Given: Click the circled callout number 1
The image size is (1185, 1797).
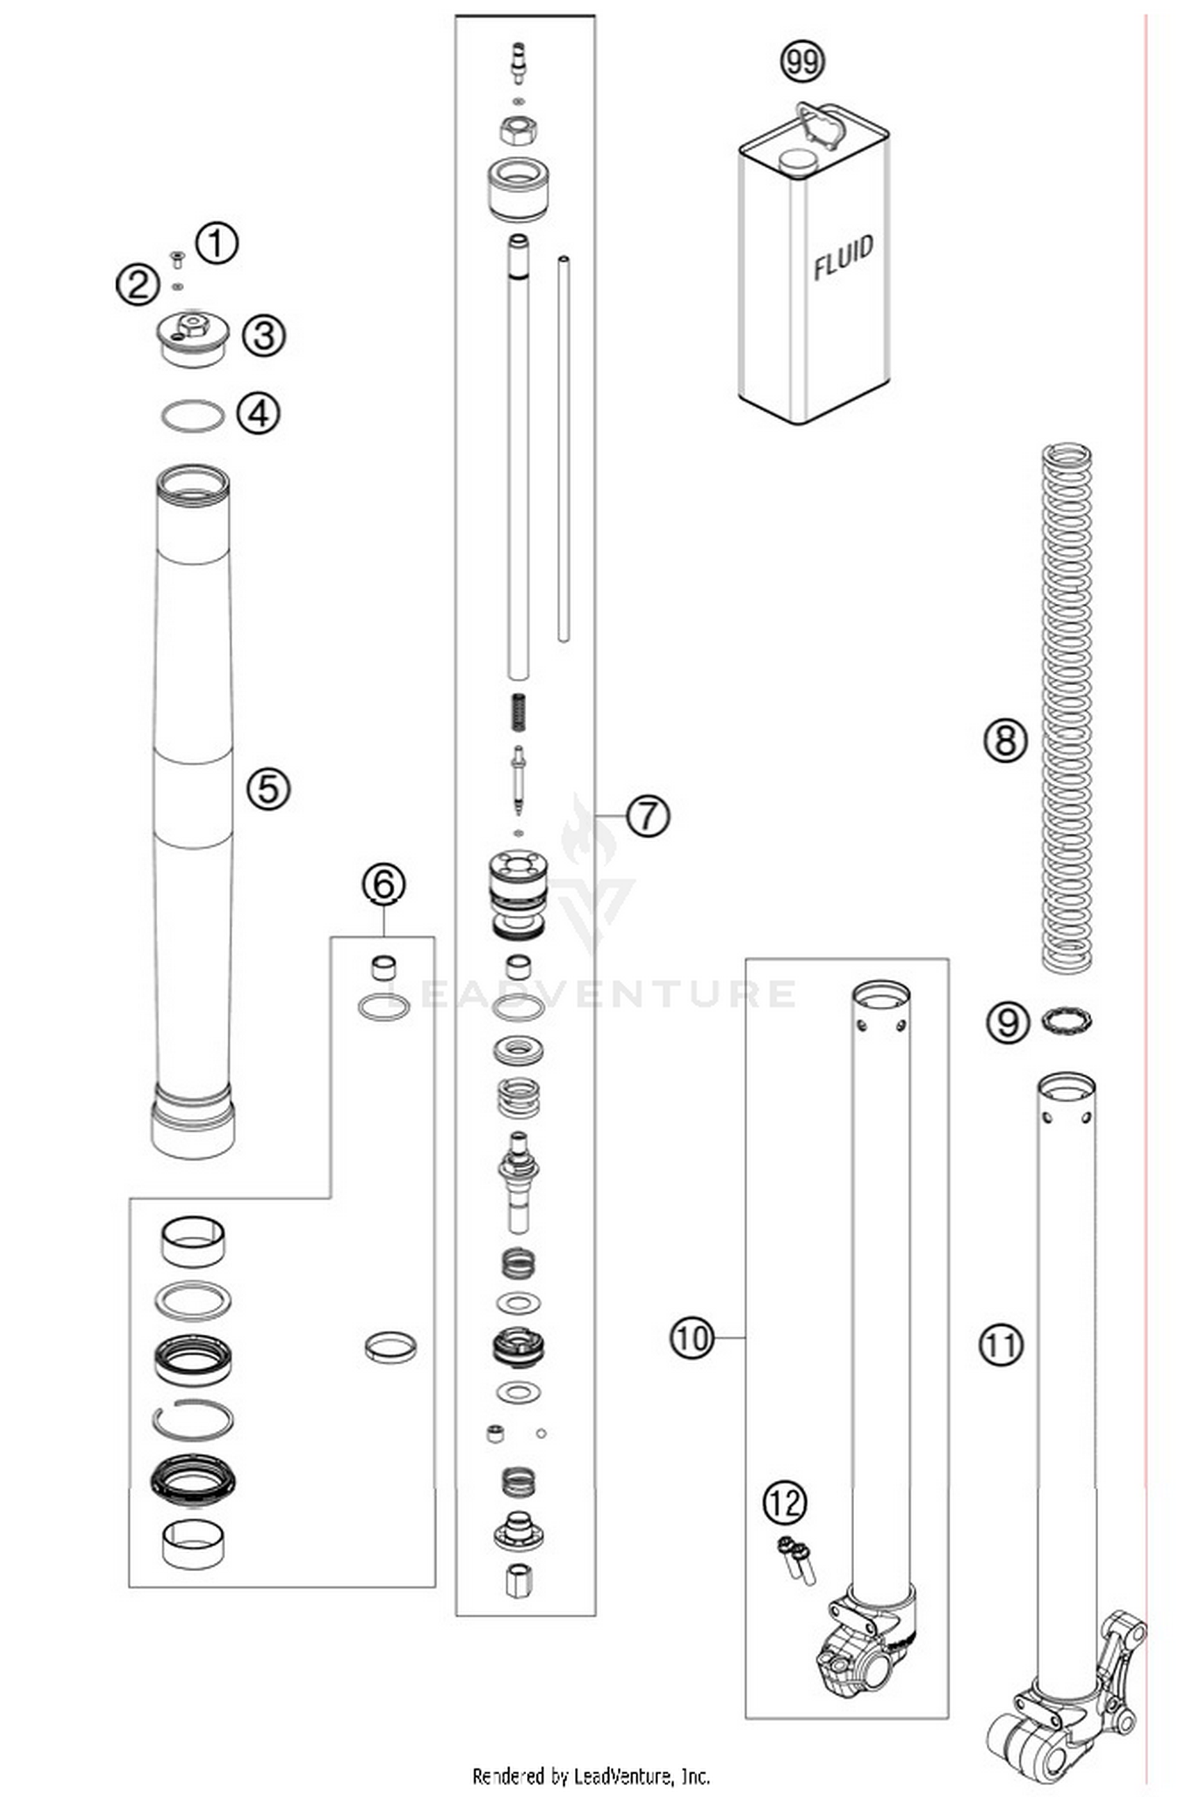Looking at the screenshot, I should [x=216, y=243].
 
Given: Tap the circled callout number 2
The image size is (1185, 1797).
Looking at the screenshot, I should [x=137, y=284].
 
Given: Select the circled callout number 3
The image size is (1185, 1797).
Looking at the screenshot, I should [x=263, y=335].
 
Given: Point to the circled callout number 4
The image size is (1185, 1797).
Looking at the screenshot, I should [x=259, y=413].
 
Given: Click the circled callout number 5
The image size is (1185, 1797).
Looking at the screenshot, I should [x=269, y=789].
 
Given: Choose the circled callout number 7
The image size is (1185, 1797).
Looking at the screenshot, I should [x=648, y=815].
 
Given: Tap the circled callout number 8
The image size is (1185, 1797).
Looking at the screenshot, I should [x=1005, y=741].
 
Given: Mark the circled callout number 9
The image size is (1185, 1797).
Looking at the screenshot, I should [x=1008, y=1023].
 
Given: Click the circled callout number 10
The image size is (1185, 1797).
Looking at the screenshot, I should [x=691, y=1339].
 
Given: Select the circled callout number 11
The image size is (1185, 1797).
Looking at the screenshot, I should [x=1001, y=1345].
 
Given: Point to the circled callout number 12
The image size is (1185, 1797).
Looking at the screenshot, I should [x=785, y=1503].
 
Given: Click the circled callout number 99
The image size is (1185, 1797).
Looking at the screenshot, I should [x=802, y=62].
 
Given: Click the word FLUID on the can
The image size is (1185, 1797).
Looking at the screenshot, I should [x=844, y=257].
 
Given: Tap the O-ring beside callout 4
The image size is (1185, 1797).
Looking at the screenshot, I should [x=193, y=416].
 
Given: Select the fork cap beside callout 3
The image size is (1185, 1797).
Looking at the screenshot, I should [x=192, y=337].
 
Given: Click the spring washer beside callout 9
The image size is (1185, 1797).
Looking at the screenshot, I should [x=1066, y=1021].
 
